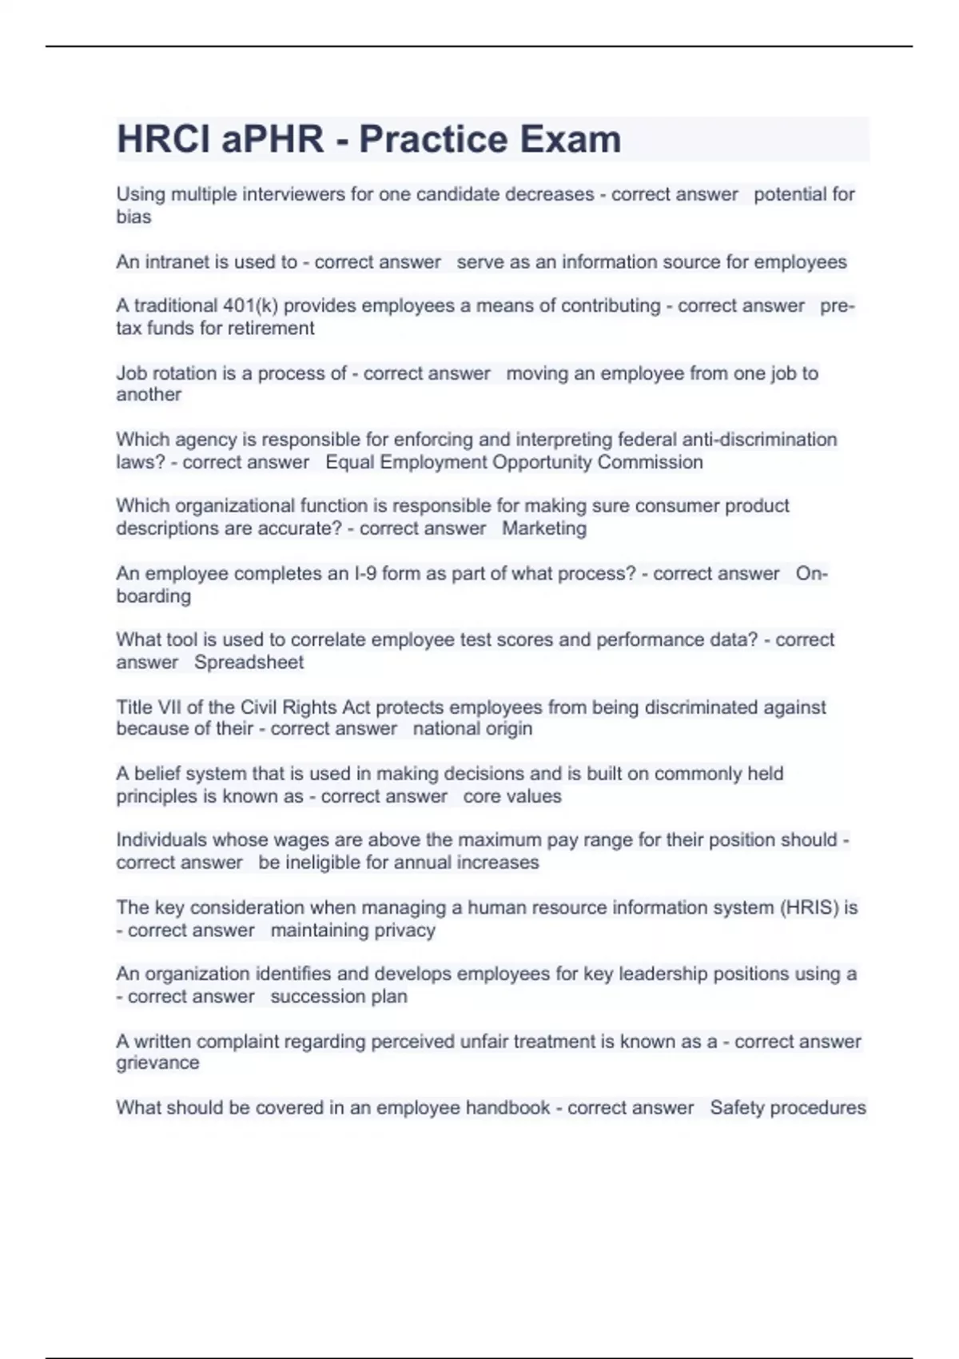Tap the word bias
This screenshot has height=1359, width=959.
pyautogui.click(x=133, y=217)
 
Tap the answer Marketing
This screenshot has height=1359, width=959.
pyautogui.click(x=544, y=528)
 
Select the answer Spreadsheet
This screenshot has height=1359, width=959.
pyautogui.click(x=249, y=663)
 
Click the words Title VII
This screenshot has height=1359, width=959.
pyautogui.click(x=151, y=707)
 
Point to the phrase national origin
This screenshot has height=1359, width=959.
pyautogui.click(x=472, y=729)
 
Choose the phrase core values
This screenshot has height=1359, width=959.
pyautogui.click(x=512, y=796)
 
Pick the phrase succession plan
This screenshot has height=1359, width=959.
pyautogui.click(x=339, y=997)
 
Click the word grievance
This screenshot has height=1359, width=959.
pyautogui.click(x=157, y=1063)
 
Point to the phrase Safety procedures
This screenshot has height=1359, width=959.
pyautogui.click(x=788, y=1108)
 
